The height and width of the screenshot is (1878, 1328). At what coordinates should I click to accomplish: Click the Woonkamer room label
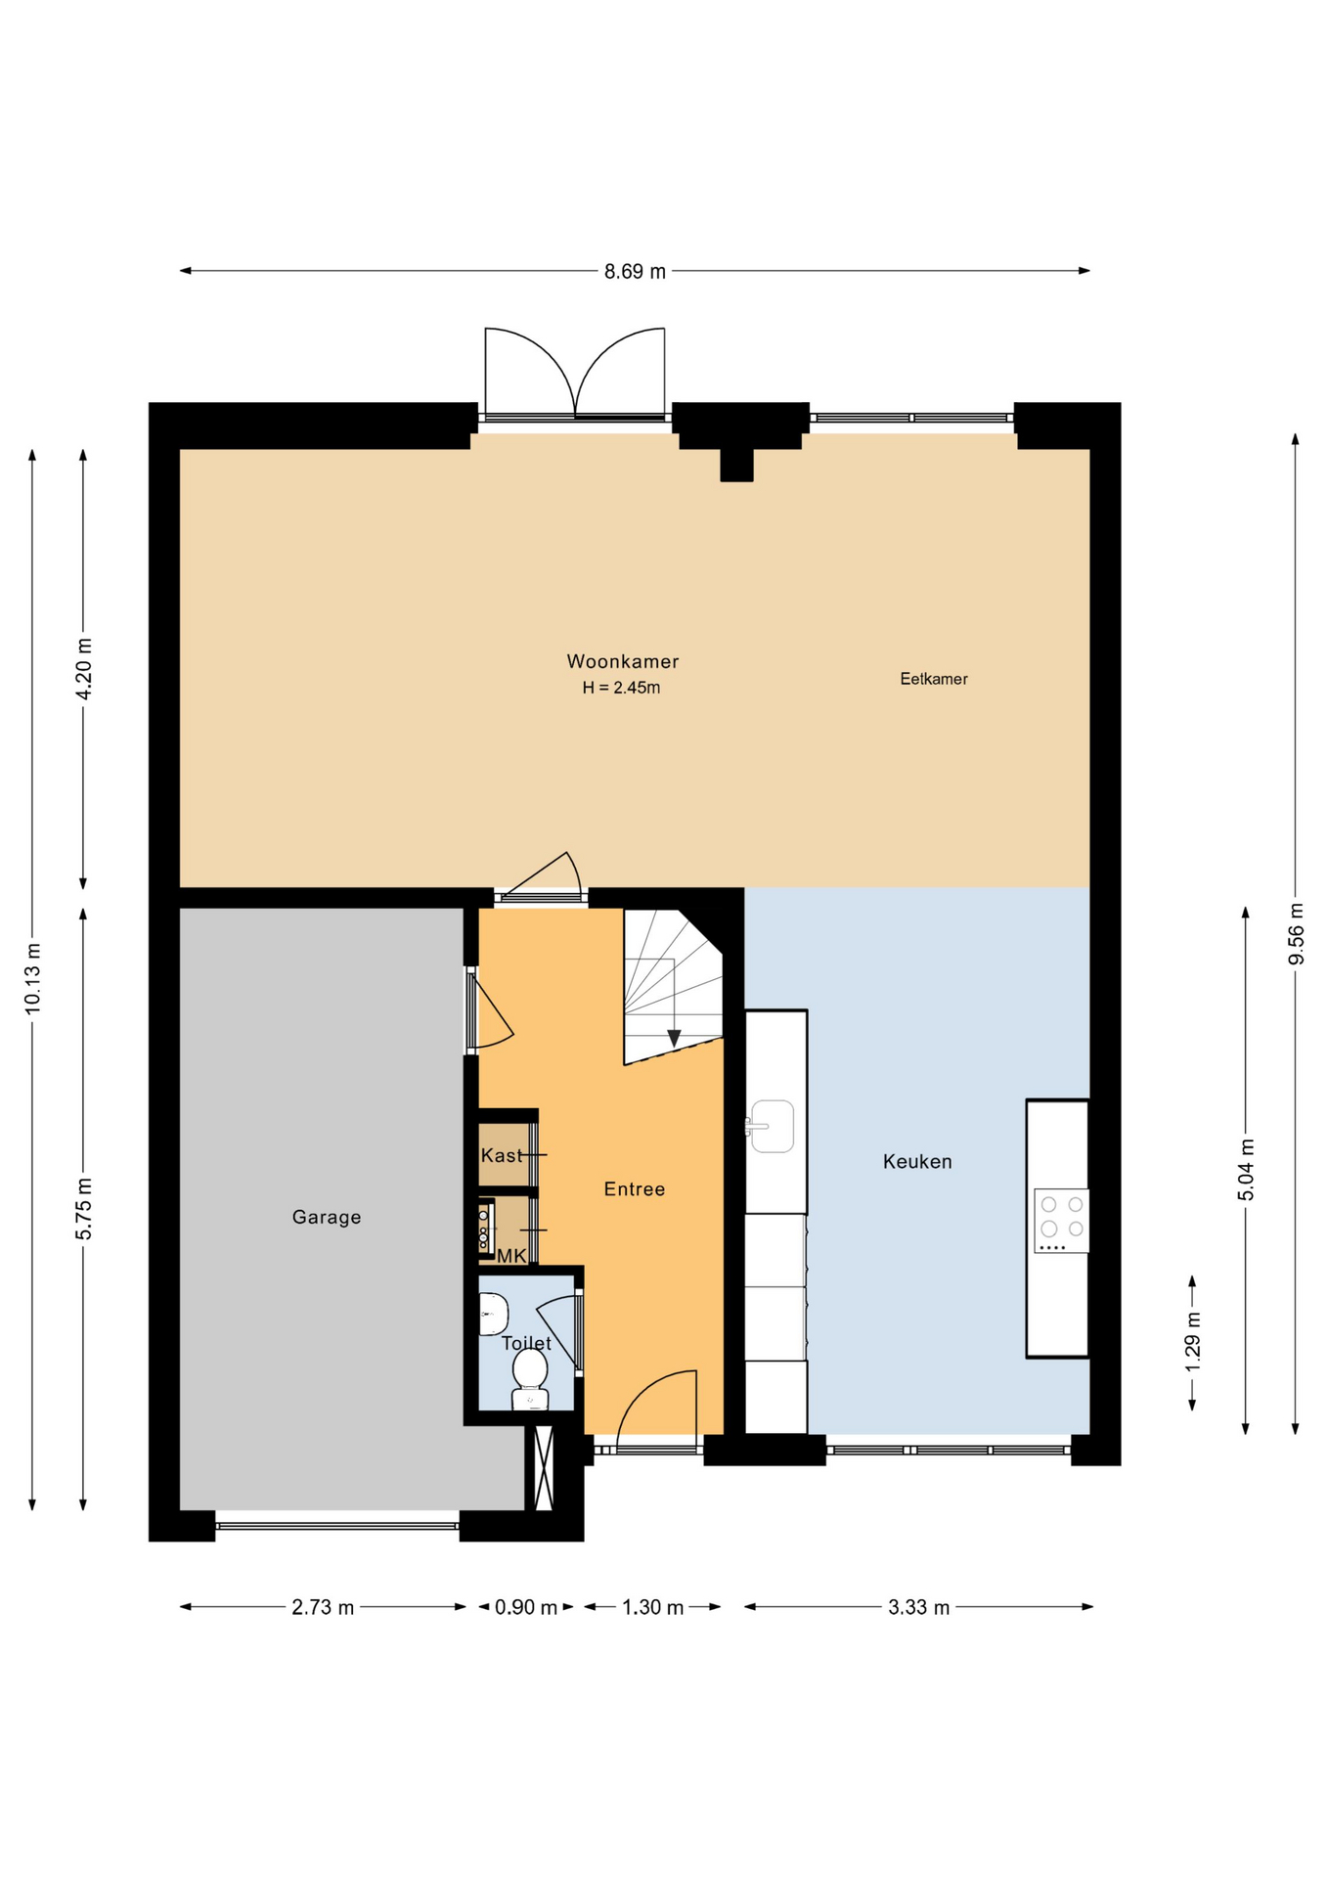point(622,661)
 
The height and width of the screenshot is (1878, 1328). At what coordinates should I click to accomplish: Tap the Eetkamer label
point(934,679)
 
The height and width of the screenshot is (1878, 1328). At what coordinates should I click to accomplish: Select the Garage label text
point(327,1217)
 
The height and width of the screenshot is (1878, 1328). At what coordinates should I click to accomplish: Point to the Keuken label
point(917,1161)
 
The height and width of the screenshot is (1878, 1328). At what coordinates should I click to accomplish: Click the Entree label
point(635,1189)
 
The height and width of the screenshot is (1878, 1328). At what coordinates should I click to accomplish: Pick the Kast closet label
point(502,1155)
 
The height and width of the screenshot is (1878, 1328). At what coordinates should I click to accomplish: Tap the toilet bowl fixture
point(530,1379)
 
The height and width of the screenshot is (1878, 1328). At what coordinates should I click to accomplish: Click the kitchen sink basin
point(772,1126)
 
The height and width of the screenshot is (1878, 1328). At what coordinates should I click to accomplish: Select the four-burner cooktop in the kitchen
point(1061,1221)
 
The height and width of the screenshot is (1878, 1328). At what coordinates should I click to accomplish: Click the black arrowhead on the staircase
point(674,1038)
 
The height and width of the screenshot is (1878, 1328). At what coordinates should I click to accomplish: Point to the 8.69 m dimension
point(635,271)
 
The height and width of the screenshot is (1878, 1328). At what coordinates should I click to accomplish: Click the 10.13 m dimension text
point(32,977)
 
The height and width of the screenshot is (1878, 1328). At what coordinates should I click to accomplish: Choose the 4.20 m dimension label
point(83,669)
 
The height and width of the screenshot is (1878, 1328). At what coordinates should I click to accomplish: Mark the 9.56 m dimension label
point(1296,932)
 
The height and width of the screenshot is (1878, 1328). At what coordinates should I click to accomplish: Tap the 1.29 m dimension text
point(1193,1341)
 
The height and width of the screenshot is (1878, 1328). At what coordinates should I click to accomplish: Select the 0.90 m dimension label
point(526,1607)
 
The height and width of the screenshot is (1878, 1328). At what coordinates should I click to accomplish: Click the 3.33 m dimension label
point(919,1607)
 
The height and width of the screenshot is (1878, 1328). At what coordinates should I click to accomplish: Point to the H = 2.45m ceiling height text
point(621,688)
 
